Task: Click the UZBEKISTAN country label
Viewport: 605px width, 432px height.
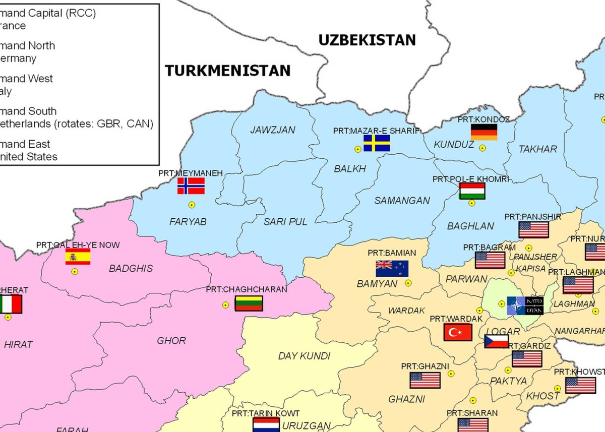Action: coord(367,40)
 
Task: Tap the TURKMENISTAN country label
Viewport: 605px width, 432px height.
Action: coord(228,71)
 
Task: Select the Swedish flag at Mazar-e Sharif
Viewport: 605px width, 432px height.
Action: coord(377,143)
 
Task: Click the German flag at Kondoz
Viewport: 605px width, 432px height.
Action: coord(484,132)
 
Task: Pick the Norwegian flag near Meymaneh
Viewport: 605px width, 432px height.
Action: coord(191,186)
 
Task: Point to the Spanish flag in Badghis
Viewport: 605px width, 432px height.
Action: coord(78,257)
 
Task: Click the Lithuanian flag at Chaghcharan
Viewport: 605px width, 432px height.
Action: coord(249,303)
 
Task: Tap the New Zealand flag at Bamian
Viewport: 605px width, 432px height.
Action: coord(392,268)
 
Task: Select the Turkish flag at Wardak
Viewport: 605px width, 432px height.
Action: coord(457,332)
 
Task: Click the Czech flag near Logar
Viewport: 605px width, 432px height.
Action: coord(496,341)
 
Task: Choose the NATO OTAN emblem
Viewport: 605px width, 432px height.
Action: coord(525,305)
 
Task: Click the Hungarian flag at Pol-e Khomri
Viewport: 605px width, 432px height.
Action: coord(472,191)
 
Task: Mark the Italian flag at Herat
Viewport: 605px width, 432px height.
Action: coord(11,304)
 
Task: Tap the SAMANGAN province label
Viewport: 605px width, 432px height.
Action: coord(402,201)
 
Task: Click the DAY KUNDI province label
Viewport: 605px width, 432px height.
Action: coord(304,356)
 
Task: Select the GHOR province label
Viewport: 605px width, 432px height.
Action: coord(171,341)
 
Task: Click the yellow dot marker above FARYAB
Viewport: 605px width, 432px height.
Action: coord(191,205)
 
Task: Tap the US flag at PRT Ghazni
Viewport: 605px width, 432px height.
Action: coord(425,380)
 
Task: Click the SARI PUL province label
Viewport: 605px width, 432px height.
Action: coord(285,221)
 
